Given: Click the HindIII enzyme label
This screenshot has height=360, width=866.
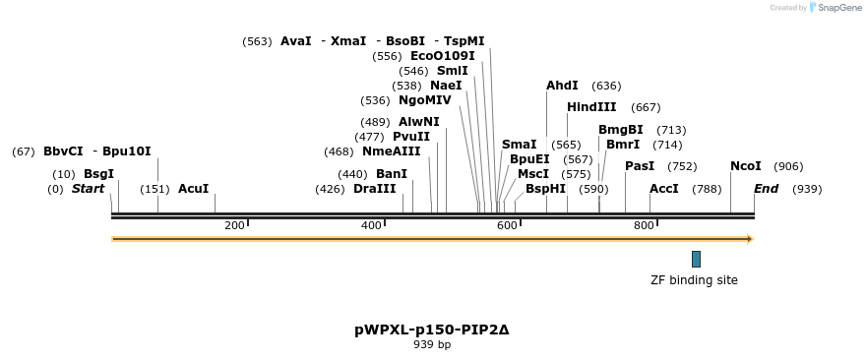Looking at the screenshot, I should (591, 107).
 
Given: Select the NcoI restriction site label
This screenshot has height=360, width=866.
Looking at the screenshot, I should (745, 166).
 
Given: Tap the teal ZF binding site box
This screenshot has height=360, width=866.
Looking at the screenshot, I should (696, 259).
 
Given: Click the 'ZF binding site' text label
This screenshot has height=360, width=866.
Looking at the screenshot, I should (694, 280).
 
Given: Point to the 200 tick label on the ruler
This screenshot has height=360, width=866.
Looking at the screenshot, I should (234, 225).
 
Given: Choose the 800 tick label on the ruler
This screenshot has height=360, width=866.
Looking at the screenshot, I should (644, 225).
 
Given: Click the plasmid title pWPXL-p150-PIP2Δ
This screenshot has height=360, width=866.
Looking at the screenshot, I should (432, 330).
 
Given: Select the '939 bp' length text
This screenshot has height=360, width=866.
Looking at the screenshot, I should (432, 344).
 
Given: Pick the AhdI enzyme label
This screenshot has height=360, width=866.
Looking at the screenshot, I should (562, 86).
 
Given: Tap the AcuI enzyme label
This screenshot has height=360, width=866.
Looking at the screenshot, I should (193, 189).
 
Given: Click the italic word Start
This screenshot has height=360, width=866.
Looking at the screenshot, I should (88, 189).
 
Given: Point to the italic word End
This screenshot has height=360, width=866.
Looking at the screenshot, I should (767, 189).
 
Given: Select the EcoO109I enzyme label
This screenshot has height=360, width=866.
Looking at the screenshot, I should (442, 56).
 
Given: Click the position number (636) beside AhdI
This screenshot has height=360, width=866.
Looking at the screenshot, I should (606, 86).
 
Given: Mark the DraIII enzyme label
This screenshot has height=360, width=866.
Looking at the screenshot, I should (374, 189).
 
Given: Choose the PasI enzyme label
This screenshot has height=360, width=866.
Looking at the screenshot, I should (640, 166).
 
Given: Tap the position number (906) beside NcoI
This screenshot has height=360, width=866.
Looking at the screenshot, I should (788, 166).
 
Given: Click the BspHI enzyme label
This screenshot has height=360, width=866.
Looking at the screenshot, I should (545, 189).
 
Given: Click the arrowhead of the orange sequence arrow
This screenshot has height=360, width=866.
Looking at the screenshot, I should (750, 239).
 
